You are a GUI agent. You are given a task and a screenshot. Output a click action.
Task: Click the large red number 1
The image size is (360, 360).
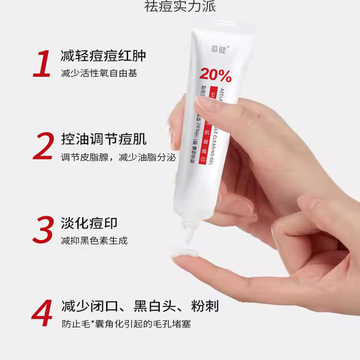pos(42,64)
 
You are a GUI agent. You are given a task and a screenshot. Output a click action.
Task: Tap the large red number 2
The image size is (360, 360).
pos(43,146)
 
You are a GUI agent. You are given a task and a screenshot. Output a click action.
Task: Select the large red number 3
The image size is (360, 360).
pos(43,230)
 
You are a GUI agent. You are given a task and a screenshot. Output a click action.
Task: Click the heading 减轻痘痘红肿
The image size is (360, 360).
pos(103,56)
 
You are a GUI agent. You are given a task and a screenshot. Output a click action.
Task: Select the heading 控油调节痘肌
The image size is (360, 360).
pos(103,139)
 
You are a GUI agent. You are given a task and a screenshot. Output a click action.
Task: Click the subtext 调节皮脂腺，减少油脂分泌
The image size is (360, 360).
pos(118,157)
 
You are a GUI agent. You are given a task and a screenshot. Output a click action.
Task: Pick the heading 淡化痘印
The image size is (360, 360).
pos(89,223)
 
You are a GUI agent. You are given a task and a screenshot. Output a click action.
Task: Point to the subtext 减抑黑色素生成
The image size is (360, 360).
pos(94,240)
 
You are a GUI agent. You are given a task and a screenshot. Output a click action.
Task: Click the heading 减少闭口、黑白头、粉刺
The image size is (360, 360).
pos(140,306)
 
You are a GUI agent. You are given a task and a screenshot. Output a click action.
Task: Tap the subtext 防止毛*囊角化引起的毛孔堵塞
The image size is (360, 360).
pos(126,324)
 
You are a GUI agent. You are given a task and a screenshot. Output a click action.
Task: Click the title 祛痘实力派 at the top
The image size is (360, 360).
pos(180,7)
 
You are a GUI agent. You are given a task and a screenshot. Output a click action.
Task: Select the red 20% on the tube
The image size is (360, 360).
pos(216,75)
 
